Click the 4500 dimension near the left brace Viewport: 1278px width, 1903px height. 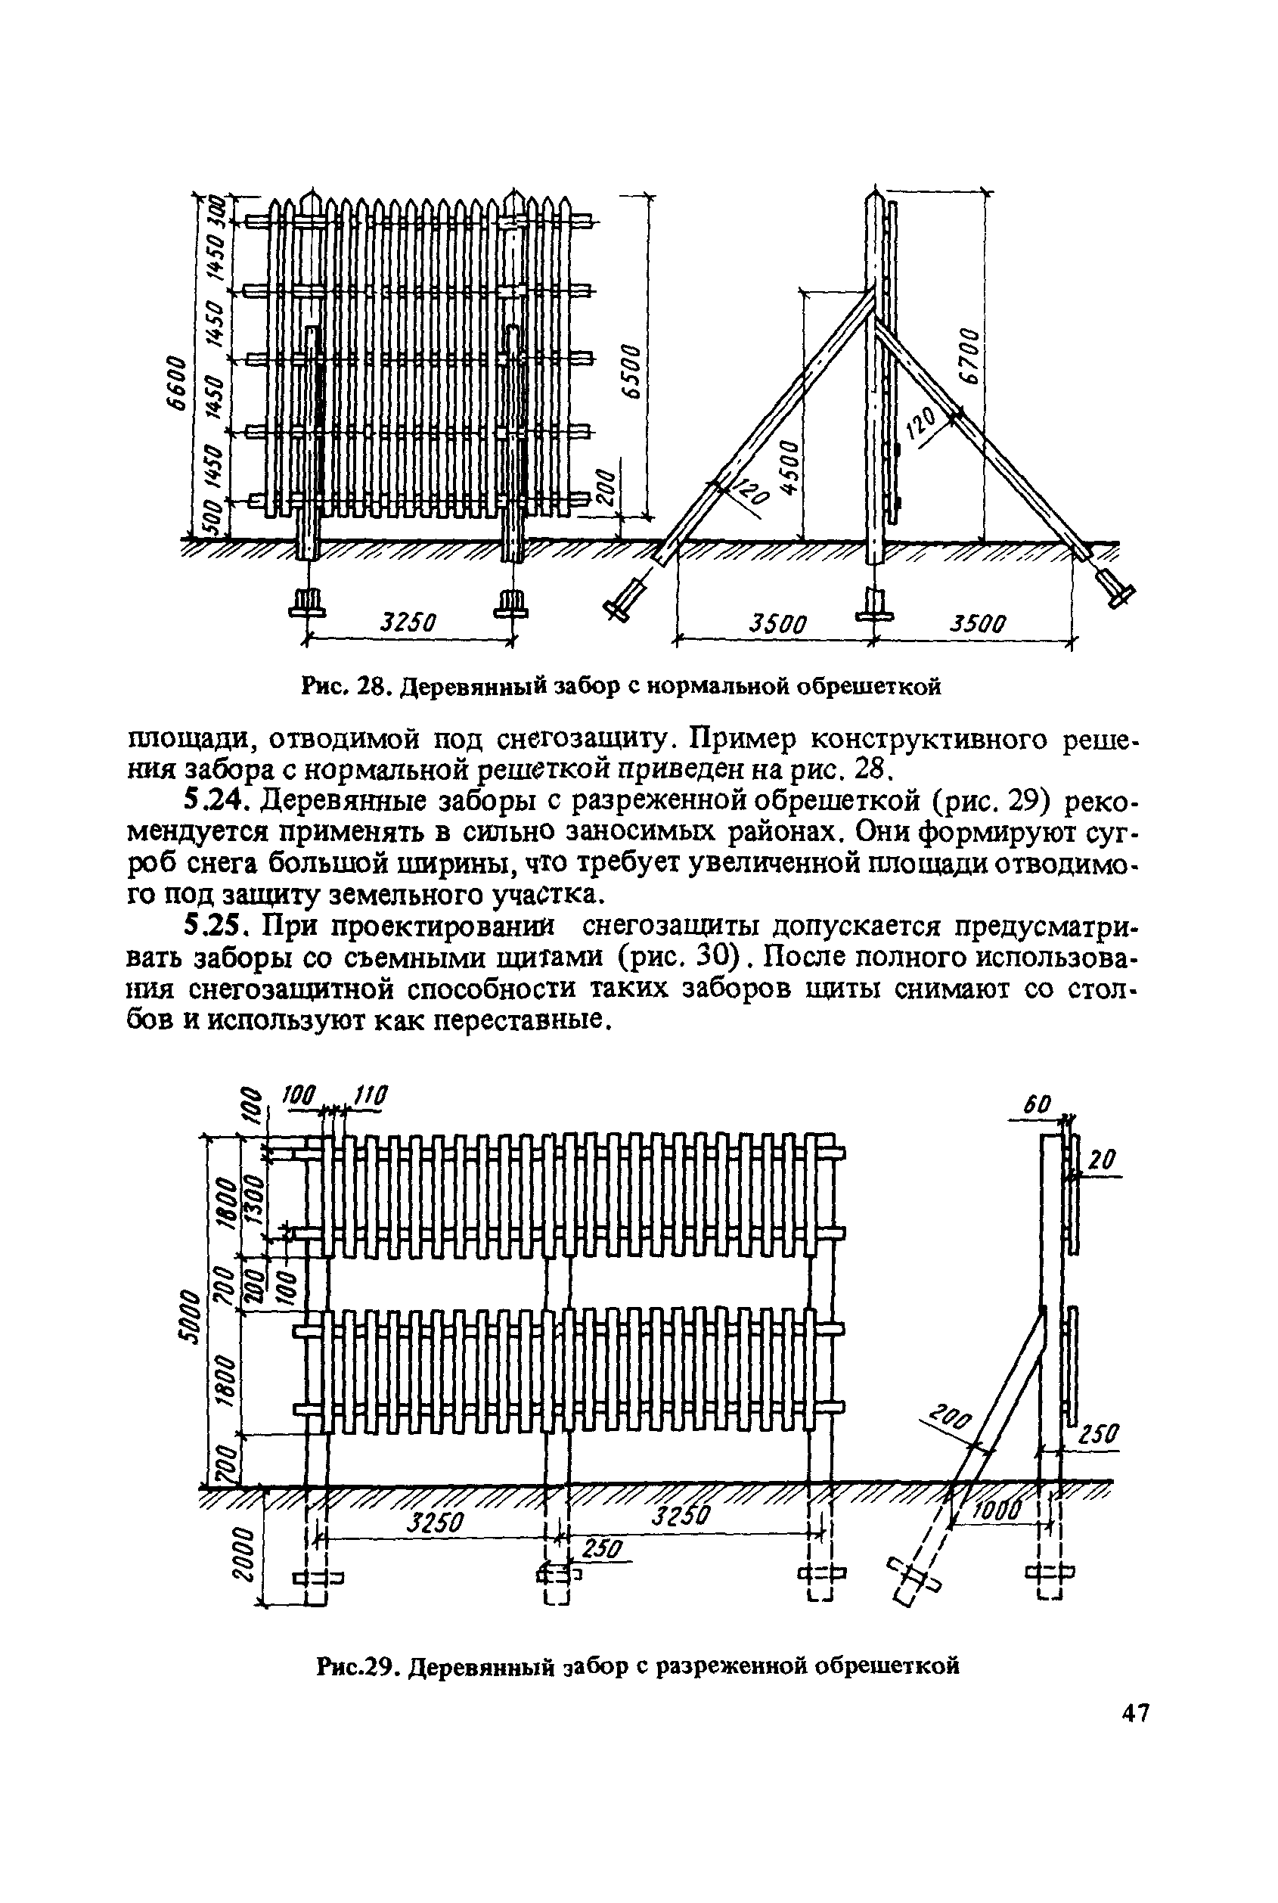pyautogui.click(x=789, y=466)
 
